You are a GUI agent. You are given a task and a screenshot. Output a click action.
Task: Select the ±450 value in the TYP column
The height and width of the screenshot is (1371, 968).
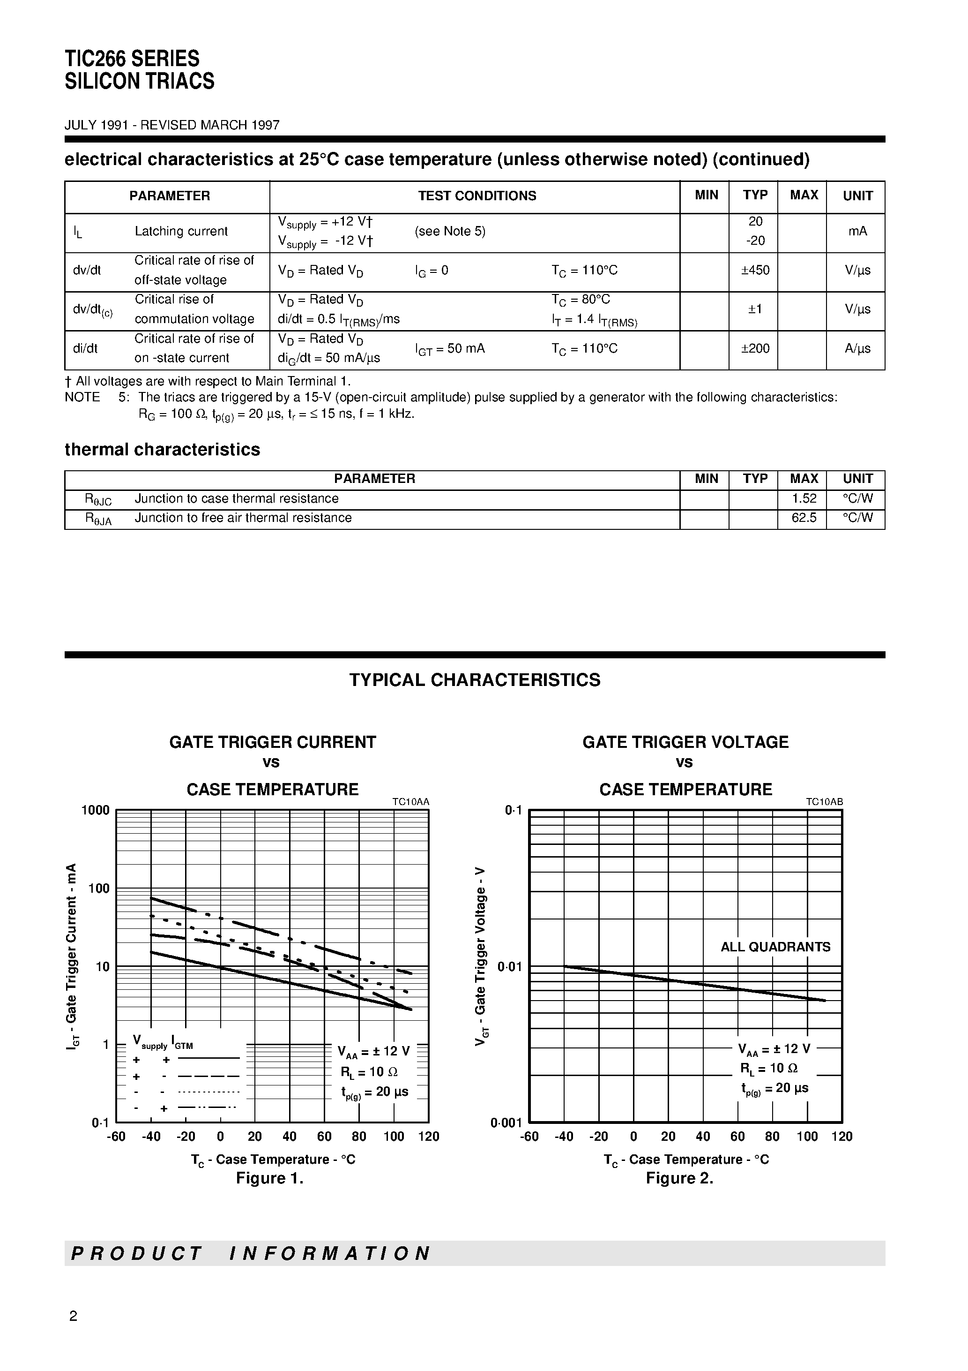(x=755, y=271)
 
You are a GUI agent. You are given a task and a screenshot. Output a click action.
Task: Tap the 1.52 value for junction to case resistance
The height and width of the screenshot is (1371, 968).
(x=803, y=498)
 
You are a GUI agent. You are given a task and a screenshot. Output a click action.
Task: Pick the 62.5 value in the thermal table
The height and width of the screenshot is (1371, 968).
(x=803, y=518)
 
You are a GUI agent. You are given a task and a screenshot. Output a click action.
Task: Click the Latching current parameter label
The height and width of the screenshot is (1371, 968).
(x=181, y=232)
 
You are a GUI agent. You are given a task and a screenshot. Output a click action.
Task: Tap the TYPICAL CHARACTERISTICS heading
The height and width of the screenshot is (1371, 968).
(x=475, y=680)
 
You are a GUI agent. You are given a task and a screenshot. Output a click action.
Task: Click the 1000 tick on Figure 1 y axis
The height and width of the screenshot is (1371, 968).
(x=96, y=810)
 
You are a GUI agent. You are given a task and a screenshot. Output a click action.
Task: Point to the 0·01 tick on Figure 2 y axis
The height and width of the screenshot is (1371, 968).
(x=509, y=967)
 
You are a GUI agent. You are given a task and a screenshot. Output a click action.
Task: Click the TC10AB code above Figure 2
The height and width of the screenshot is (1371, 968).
(x=824, y=802)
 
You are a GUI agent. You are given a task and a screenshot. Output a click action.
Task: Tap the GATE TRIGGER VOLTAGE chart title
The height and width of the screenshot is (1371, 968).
(x=685, y=742)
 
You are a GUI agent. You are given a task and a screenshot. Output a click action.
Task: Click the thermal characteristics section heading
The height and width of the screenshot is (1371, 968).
(x=162, y=450)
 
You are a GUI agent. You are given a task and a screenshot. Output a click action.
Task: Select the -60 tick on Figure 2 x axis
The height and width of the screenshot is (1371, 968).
(x=529, y=1137)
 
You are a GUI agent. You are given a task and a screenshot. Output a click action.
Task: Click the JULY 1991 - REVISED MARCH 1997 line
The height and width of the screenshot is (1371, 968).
(x=172, y=125)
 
